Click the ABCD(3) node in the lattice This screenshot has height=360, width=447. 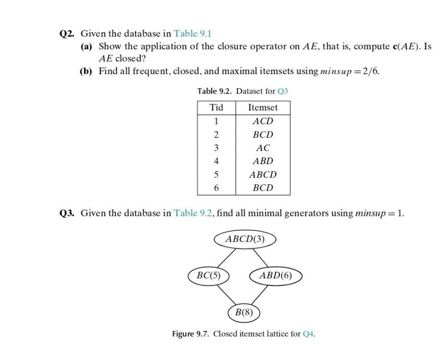point(246,239)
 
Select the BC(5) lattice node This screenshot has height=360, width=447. point(208,276)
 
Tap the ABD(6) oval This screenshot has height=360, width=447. point(275,276)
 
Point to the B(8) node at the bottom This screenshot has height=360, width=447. point(244,313)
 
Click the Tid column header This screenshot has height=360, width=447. point(216,108)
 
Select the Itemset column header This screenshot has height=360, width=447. point(263,108)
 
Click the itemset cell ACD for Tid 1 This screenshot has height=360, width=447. point(263,121)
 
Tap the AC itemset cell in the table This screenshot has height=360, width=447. point(263,148)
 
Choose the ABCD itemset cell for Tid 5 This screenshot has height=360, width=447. point(263,175)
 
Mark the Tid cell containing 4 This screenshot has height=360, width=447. point(216,161)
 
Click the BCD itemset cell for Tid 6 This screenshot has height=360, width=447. point(263,188)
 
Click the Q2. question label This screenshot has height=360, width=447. point(68,34)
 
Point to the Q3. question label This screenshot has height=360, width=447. point(68,213)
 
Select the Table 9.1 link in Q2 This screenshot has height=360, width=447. point(192,34)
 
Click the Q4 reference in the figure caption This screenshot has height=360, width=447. point(309,334)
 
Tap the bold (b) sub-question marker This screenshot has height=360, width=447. point(86,72)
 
